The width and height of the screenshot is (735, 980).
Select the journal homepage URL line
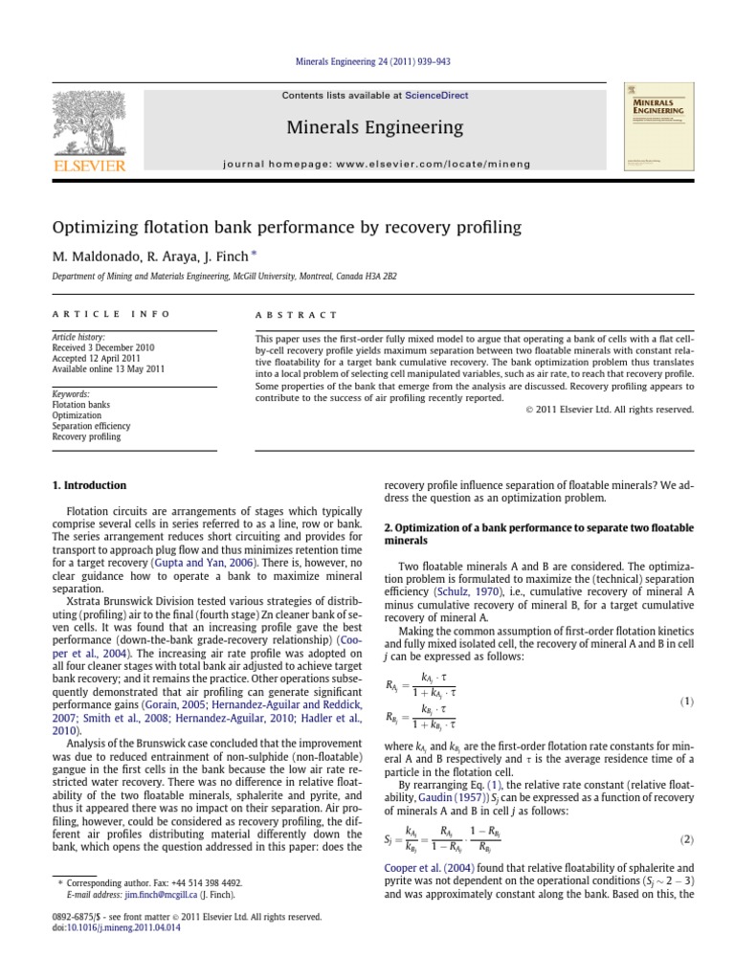coord(367,164)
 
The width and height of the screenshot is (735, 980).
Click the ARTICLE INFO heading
coord(111,314)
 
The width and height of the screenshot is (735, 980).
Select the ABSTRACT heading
coord(296,314)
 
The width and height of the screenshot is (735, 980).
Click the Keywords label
coord(71,393)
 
